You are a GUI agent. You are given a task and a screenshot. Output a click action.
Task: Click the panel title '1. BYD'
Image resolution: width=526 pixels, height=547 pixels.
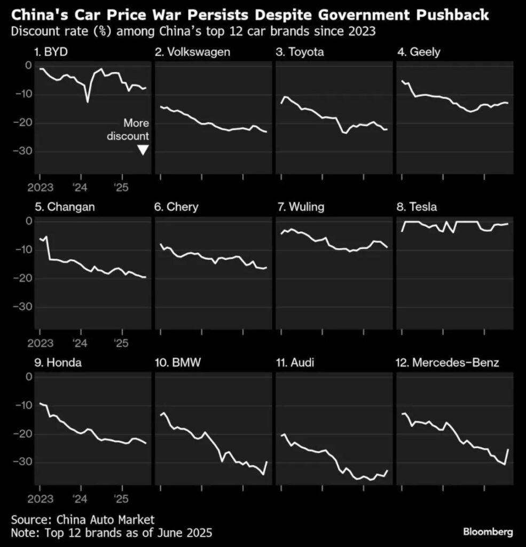click(x=53, y=52)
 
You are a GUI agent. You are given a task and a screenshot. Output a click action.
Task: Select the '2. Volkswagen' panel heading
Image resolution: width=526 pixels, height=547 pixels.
click(x=192, y=52)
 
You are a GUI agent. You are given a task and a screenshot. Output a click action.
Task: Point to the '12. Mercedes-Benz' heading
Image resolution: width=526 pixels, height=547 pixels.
click(x=448, y=363)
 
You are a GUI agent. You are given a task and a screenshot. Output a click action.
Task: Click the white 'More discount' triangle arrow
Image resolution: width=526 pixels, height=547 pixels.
click(x=143, y=150)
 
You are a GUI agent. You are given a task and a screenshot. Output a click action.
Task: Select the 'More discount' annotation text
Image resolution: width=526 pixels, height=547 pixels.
click(x=128, y=129)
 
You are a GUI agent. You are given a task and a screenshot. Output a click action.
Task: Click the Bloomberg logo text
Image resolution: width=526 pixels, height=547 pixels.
click(x=488, y=532)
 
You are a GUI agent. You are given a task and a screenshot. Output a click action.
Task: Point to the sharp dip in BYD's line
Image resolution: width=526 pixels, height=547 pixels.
click(x=88, y=101)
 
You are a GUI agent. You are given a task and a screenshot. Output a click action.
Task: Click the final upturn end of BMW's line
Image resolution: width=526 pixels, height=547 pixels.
click(x=267, y=462)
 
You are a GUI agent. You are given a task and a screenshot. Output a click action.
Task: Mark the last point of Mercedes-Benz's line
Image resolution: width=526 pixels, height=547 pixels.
click(x=507, y=450)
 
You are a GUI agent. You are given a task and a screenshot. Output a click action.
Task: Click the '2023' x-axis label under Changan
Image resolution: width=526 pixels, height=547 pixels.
click(x=39, y=342)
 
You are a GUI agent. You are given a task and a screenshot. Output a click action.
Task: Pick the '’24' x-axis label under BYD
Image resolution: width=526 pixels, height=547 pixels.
click(x=81, y=187)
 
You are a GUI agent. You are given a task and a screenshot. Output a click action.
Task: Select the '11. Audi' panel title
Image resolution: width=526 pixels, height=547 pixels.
click(x=295, y=363)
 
